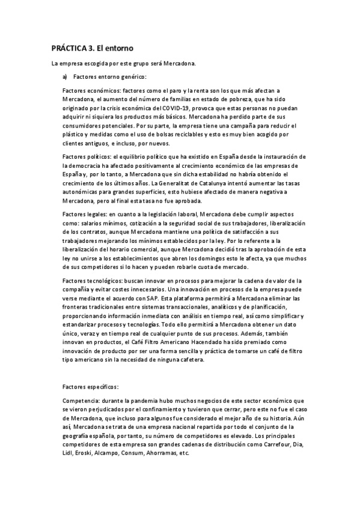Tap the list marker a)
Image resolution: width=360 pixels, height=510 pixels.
(x=65, y=77)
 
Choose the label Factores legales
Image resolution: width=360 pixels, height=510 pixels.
(x=82, y=214)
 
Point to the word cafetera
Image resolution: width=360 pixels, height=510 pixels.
(x=188, y=360)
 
